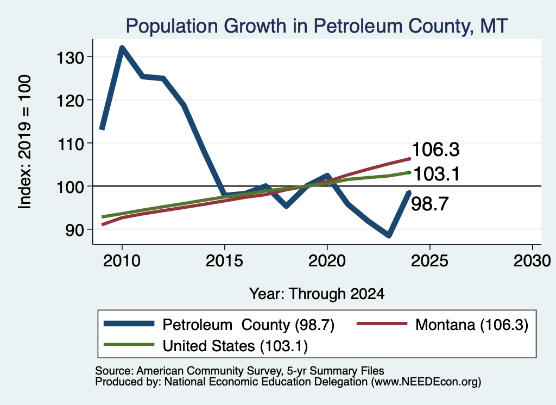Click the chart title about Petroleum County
(317, 26)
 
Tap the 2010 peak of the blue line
(122, 48)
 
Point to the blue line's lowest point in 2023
(389, 235)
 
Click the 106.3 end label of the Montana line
(436, 149)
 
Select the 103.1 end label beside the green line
(437, 175)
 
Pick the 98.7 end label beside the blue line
(430, 204)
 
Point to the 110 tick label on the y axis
(70, 144)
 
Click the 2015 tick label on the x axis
(224, 261)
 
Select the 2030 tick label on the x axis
(532, 261)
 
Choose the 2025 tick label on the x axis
(429, 261)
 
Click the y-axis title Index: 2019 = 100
(25, 142)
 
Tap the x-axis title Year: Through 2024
(317, 294)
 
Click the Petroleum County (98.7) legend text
(248, 325)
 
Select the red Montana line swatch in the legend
(382, 323)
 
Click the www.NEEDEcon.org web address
(426, 382)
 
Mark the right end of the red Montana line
(409, 159)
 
